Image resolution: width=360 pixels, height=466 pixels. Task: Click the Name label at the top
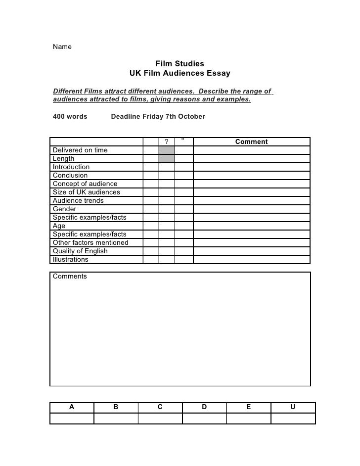click(62, 47)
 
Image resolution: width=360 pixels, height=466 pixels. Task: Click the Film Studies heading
click(180, 64)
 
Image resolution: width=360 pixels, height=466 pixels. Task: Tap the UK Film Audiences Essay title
click(180, 74)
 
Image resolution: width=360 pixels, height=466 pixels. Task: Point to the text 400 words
click(70, 117)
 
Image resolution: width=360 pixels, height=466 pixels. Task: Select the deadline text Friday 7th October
click(154, 117)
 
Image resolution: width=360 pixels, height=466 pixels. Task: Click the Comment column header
click(251, 142)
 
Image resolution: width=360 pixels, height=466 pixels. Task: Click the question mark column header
click(167, 142)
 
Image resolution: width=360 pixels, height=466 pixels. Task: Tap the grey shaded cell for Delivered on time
click(167, 150)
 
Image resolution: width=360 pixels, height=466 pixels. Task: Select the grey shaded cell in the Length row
click(167, 159)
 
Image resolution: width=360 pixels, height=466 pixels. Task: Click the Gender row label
click(65, 209)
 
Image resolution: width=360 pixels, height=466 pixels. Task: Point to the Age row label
click(59, 226)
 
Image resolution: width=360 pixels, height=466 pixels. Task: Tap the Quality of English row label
click(80, 251)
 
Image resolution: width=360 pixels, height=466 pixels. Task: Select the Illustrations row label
click(71, 260)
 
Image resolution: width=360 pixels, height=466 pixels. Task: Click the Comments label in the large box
click(70, 277)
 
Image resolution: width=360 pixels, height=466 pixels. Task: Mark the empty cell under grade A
click(72, 419)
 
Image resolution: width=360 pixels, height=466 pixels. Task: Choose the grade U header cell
click(293, 407)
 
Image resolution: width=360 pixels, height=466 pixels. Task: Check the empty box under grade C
click(160, 419)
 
